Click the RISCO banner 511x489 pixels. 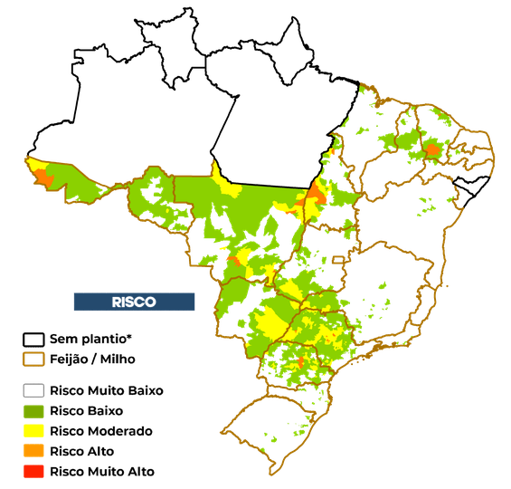coord(134,302)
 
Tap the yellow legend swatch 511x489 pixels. coord(33,431)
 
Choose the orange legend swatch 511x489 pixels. coord(33,451)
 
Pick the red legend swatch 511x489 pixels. coord(33,471)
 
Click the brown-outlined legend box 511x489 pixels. coord(33,360)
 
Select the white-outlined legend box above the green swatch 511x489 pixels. coord(33,391)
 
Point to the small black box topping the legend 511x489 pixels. coord(33,340)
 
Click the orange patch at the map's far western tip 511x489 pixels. coord(43,176)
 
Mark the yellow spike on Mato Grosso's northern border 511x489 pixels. coord(217,172)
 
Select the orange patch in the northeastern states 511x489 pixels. coord(432,149)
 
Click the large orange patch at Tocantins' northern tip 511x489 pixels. coord(317,192)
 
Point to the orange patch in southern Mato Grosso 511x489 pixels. coord(235,262)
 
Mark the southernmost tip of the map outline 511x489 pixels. coord(270,474)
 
